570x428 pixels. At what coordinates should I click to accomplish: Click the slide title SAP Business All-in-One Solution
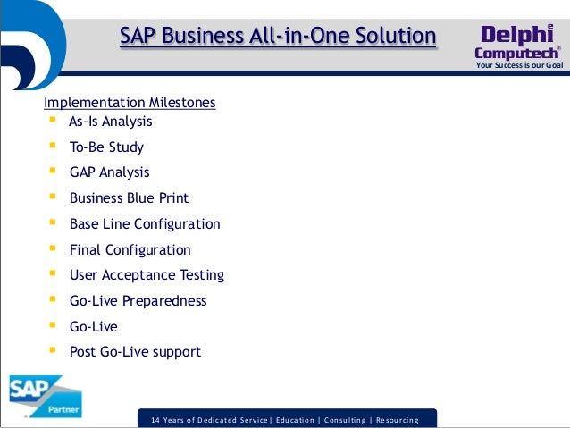[x=278, y=37]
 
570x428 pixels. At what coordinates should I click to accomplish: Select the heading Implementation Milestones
[x=130, y=103]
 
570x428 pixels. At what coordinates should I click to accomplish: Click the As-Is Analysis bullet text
[x=111, y=122]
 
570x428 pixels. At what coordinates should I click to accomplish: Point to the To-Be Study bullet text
[x=106, y=147]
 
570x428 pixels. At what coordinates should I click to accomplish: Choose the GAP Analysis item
[x=109, y=172]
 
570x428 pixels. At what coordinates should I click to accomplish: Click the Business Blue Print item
[x=129, y=198]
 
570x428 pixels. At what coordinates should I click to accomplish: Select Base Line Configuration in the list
[x=145, y=224]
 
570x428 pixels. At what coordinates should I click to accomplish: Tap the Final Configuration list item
[x=130, y=250]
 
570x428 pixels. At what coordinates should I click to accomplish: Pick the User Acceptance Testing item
[x=147, y=275]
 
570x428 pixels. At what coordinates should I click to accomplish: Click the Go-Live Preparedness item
[x=138, y=301]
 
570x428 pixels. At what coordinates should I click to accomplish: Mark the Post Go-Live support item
[x=135, y=352]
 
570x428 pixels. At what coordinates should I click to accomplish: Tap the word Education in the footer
[x=300, y=419]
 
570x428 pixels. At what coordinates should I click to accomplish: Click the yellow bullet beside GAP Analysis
[x=53, y=172]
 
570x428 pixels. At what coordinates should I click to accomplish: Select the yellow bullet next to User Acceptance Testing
[x=53, y=274]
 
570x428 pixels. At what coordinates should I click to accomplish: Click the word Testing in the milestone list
[x=200, y=275]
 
